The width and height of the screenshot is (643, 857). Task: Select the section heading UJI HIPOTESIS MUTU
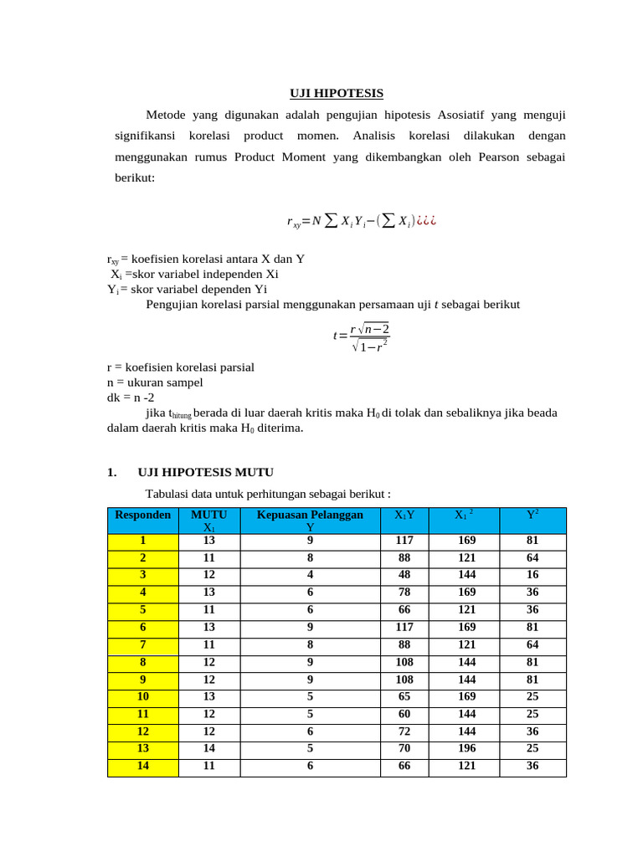point(205,472)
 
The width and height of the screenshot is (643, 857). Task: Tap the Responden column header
point(143,516)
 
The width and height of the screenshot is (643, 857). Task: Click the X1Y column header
point(404,516)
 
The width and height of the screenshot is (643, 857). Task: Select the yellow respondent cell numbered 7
point(143,645)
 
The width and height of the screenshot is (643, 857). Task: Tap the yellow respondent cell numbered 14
point(143,766)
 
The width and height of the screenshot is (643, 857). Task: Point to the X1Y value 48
point(404,576)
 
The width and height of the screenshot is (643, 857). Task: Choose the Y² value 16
point(532,576)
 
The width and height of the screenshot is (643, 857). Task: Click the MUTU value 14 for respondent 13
point(209,749)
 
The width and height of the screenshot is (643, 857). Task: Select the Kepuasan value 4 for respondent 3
point(310,576)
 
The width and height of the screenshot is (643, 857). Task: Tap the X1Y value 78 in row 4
point(404,593)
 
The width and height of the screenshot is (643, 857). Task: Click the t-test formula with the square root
point(362,336)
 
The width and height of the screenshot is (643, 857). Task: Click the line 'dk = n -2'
point(131,398)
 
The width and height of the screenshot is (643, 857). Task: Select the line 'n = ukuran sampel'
point(155,382)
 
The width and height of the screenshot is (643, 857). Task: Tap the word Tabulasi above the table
point(169,494)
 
